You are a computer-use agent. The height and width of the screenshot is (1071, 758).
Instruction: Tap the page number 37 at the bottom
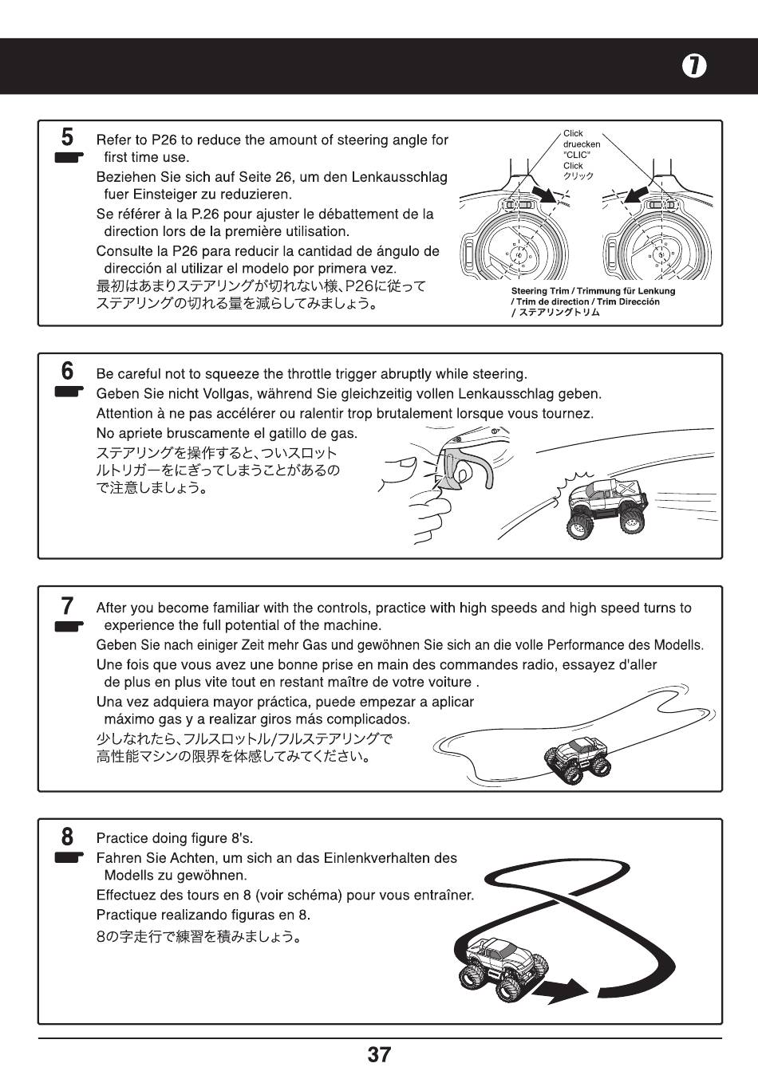pyautogui.click(x=379, y=1054)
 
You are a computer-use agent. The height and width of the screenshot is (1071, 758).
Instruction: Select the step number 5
pyautogui.click(x=68, y=137)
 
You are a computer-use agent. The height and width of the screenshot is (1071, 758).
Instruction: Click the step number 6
pyautogui.click(x=68, y=371)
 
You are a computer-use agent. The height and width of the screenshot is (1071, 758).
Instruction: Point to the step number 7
pyautogui.click(x=68, y=605)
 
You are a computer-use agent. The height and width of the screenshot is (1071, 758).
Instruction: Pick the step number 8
pyautogui.click(x=68, y=837)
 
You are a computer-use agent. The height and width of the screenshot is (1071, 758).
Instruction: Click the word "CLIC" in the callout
pyautogui.click(x=574, y=155)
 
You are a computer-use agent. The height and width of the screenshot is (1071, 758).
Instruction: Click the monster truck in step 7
pyautogui.click(x=578, y=758)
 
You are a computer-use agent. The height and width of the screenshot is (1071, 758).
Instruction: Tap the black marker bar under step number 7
pyautogui.click(x=69, y=626)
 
